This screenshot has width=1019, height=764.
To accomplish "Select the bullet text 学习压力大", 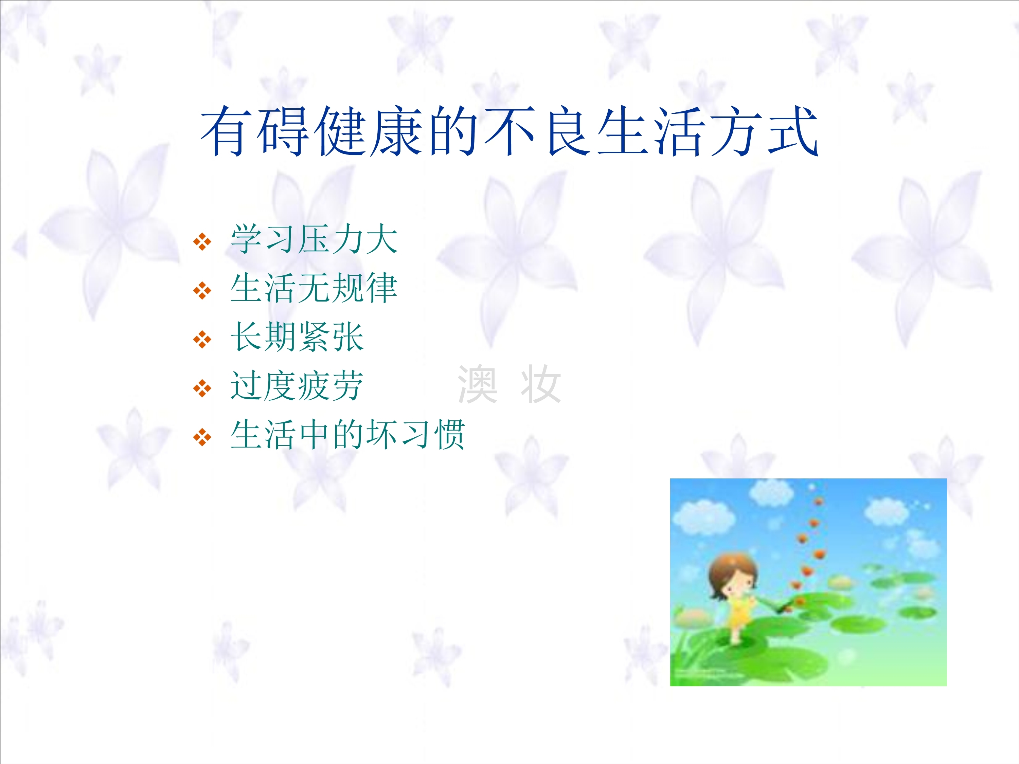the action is pos(314,239).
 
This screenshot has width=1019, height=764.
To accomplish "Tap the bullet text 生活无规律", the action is pos(314,288).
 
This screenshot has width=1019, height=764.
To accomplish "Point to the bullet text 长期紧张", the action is pos(297,337).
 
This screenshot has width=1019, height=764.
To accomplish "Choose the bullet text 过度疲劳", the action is pos(297,386).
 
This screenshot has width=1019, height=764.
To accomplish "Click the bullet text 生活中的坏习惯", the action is pos(348,434).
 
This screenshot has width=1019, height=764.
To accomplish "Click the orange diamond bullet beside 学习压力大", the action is pos(202,241).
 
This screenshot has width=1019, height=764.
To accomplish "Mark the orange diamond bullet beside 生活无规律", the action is pos(202,291).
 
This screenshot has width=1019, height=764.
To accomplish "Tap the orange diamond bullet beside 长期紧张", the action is pos(202,340).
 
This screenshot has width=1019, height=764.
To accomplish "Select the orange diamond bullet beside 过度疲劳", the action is pos(202,388).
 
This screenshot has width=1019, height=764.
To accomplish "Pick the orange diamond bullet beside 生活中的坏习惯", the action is pos(202,437).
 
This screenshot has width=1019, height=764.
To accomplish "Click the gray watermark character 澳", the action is pos(478,384).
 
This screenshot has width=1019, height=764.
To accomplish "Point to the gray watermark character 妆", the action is pos(541,384).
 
